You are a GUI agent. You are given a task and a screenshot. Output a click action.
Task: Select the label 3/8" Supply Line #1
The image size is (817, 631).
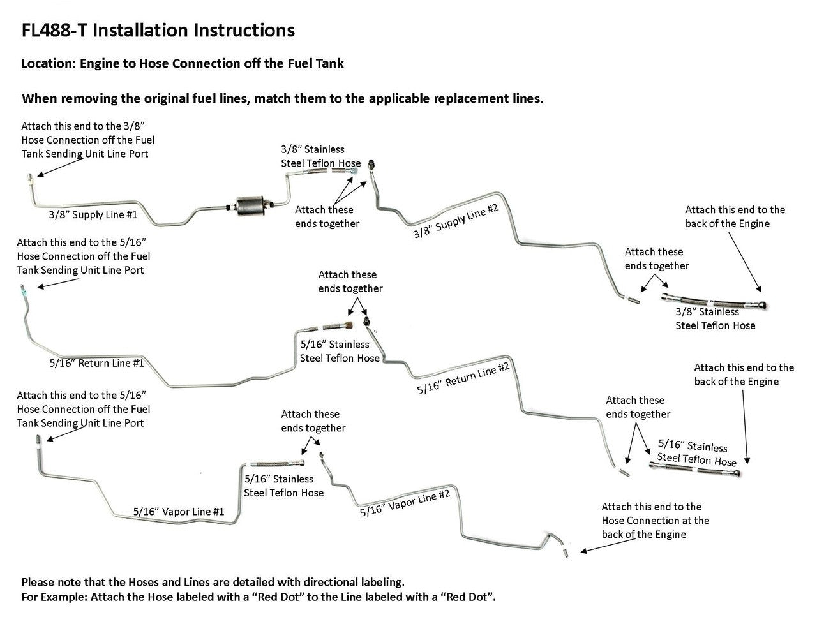pos(93,215)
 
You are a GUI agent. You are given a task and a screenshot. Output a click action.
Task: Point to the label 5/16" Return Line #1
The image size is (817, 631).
pos(96,363)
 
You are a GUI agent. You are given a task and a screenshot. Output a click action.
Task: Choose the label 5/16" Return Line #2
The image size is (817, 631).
pos(463,378)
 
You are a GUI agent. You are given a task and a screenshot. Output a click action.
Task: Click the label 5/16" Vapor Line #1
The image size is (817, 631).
pos(179,511)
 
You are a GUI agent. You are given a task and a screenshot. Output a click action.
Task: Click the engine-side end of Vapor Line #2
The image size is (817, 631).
pos(565,551)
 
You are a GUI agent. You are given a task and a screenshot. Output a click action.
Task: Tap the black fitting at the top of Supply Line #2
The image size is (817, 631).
pos(372,165)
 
